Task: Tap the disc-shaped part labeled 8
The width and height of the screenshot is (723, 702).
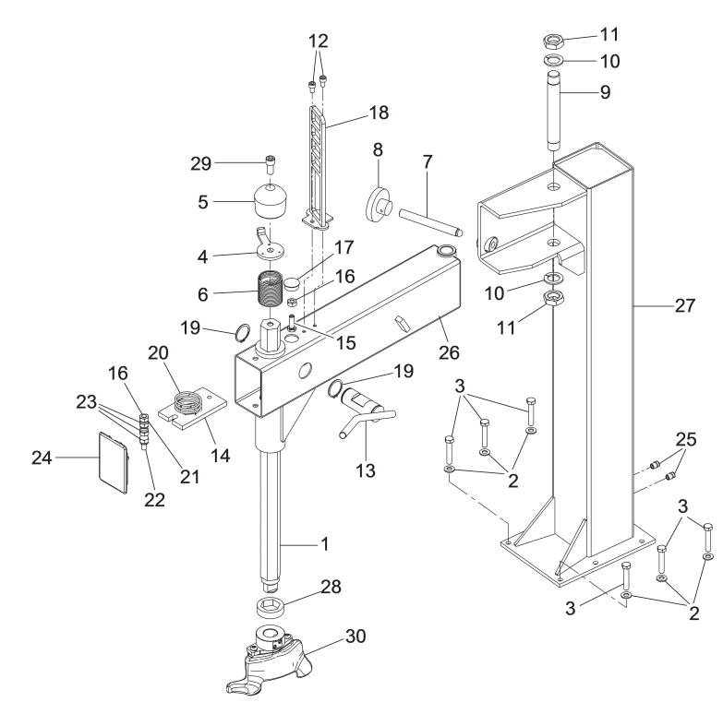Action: tap(378, 205)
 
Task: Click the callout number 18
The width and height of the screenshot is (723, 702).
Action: tap(379, 113)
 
